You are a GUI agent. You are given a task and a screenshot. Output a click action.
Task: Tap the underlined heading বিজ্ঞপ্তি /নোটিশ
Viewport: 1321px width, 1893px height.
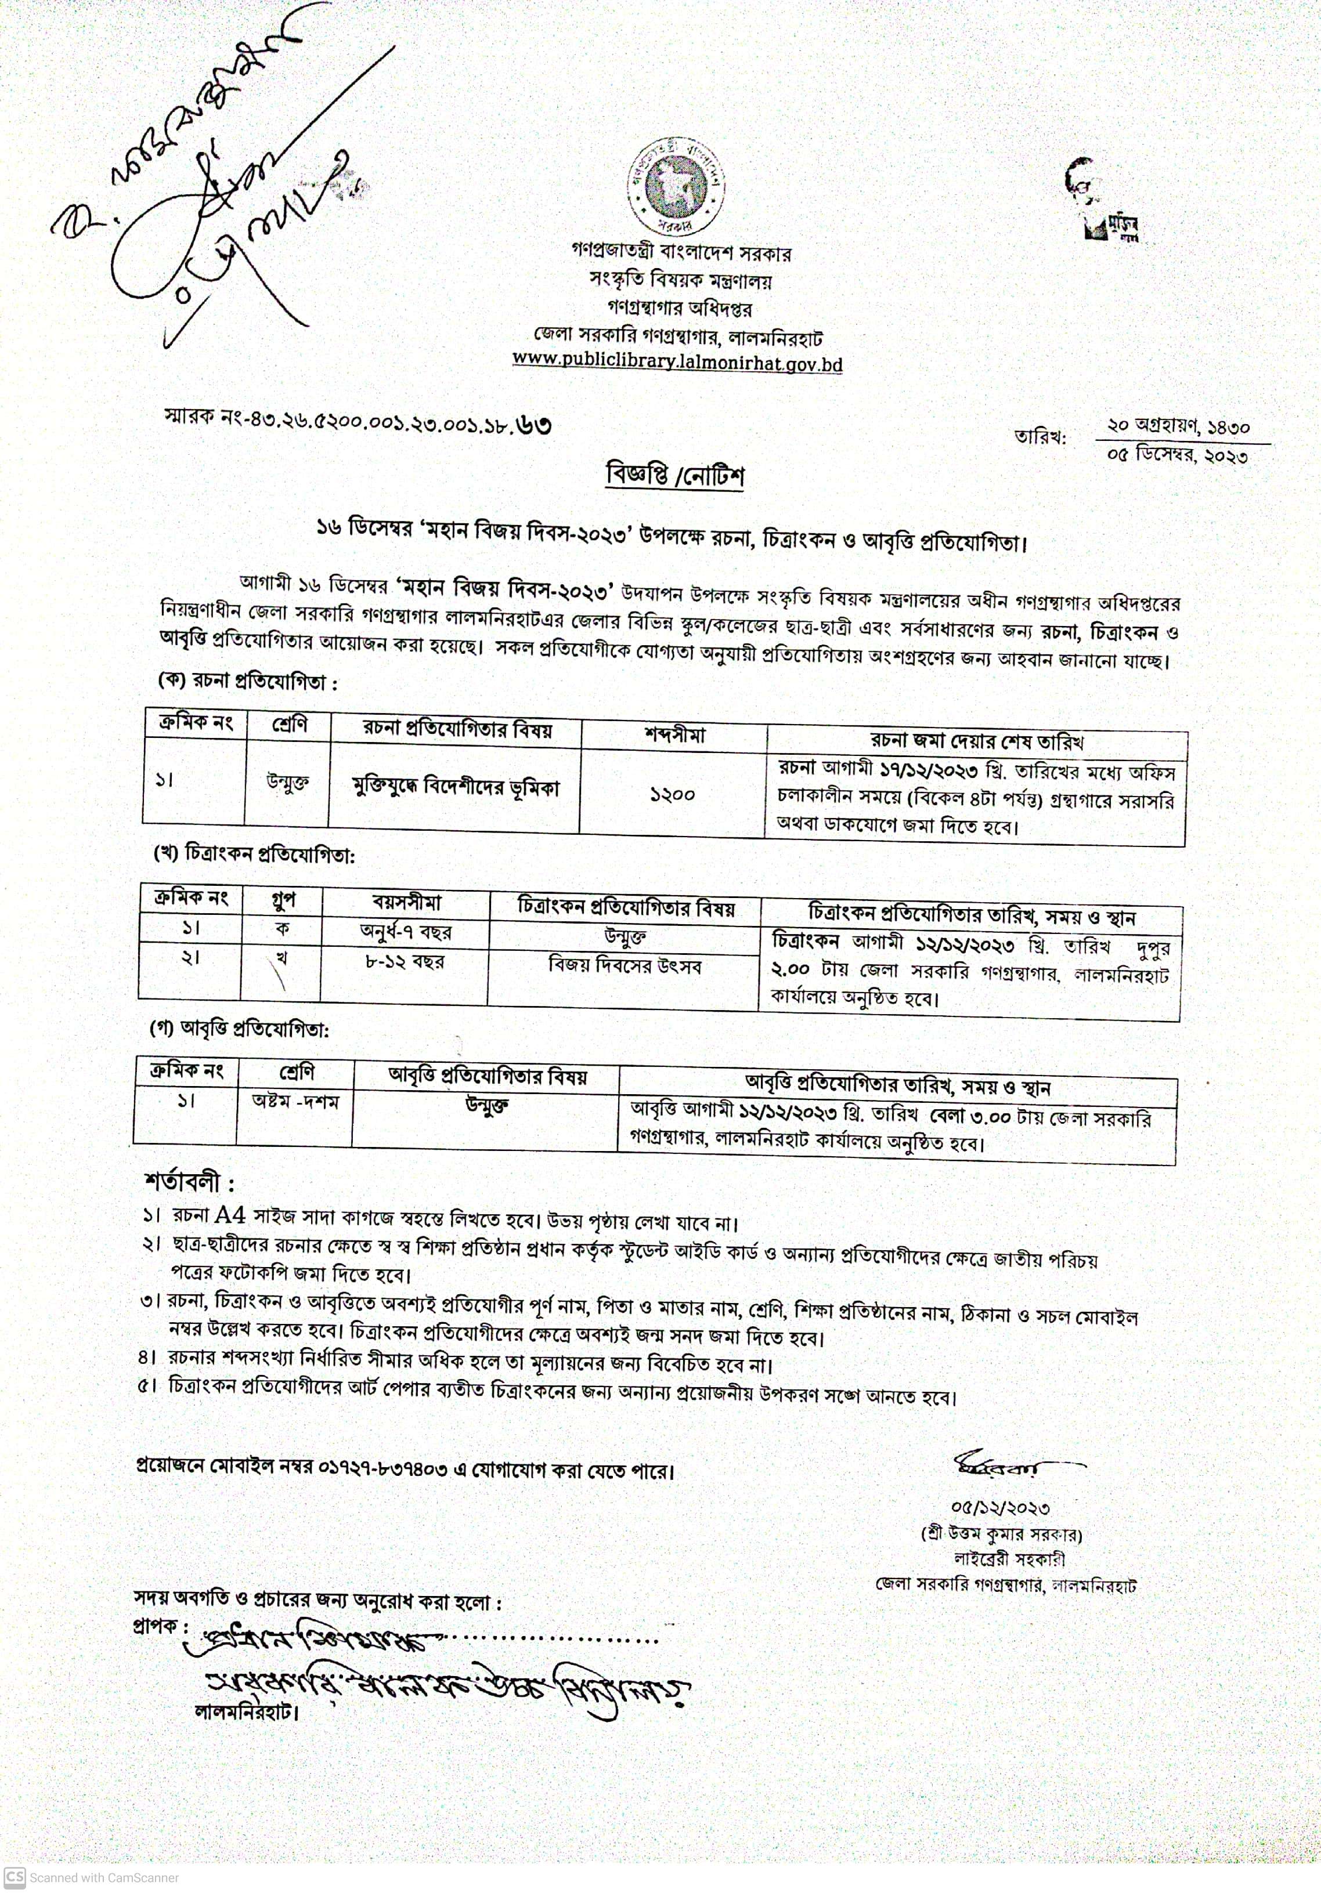(674, 476)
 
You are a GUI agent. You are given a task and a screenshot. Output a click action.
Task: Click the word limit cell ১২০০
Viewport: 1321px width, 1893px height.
(672, 795)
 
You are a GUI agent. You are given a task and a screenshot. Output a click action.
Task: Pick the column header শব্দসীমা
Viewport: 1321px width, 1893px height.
(674, 734)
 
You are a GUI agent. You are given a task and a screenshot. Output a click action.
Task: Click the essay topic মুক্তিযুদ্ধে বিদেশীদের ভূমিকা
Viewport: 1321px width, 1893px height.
(455, 787)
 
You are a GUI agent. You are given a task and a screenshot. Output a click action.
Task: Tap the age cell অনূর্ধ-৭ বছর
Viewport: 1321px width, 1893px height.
(405, 932)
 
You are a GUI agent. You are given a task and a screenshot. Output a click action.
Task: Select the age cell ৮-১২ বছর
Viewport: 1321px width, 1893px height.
(404, 961)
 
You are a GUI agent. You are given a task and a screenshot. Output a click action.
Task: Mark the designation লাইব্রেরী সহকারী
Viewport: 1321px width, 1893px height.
(1009, 1558)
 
